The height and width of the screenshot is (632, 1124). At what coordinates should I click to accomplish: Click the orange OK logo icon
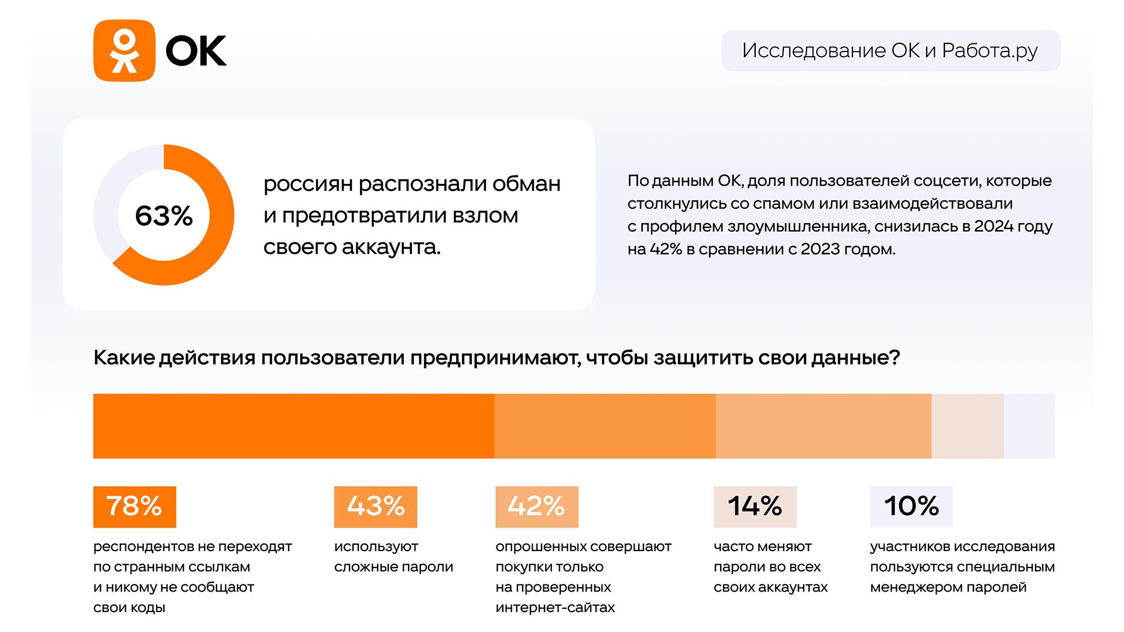coord(124,50)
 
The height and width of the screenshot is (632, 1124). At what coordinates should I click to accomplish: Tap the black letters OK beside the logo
coord(196,51)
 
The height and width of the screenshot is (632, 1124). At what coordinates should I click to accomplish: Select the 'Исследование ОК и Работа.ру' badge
coord(890,50)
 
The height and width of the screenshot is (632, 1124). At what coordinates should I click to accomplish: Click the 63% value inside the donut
coord(164,216)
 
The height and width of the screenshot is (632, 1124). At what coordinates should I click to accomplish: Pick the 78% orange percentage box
coord(135,507)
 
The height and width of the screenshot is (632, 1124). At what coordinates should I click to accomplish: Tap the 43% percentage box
coord(376,507)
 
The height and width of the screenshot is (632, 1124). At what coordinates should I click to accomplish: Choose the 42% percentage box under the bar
coord(537,507)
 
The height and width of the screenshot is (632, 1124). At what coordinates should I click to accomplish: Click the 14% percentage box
coord(755,507)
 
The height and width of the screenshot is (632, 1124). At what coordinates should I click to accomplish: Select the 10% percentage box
coord(911,507)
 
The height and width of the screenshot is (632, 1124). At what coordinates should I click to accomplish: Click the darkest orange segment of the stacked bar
coord(294,426)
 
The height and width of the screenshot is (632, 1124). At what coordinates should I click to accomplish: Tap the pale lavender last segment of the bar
coord(1029,426)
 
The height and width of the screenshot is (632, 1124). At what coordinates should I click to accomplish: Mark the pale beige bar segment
coord(967,426)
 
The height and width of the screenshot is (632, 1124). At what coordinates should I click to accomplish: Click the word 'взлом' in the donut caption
coord(485,216)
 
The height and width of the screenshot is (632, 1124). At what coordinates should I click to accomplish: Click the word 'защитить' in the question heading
coord(702,358)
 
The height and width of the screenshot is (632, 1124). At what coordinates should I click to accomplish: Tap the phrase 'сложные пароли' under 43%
coord(394,567)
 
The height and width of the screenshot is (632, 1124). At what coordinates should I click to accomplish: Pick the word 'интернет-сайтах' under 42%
coord(555,607)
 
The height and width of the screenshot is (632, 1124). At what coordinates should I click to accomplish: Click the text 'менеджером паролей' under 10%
coord(948,587)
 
